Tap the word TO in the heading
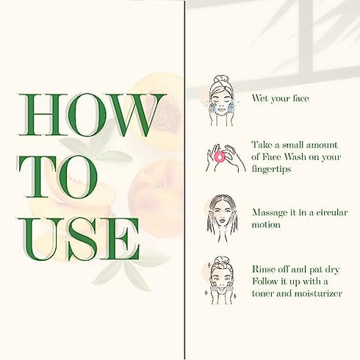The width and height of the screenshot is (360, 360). [58, 176]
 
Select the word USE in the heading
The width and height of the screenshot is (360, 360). [79, 239]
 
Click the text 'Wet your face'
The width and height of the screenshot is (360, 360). [281, 98]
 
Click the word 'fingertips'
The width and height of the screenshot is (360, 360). [271, 169]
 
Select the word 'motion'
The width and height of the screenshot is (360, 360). [266, 225]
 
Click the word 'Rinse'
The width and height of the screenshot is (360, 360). [264, 269]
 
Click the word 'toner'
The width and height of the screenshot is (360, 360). [262, 293]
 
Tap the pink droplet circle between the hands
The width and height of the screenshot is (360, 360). [220, 157]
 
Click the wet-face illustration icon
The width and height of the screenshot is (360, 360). [221, 101]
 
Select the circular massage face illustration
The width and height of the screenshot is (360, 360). [222, 219]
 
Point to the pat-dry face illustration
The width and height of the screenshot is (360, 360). [220, 281]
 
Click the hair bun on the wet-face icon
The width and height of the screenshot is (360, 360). [221, 80]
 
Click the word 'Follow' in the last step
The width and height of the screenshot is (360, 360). [266, 281]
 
